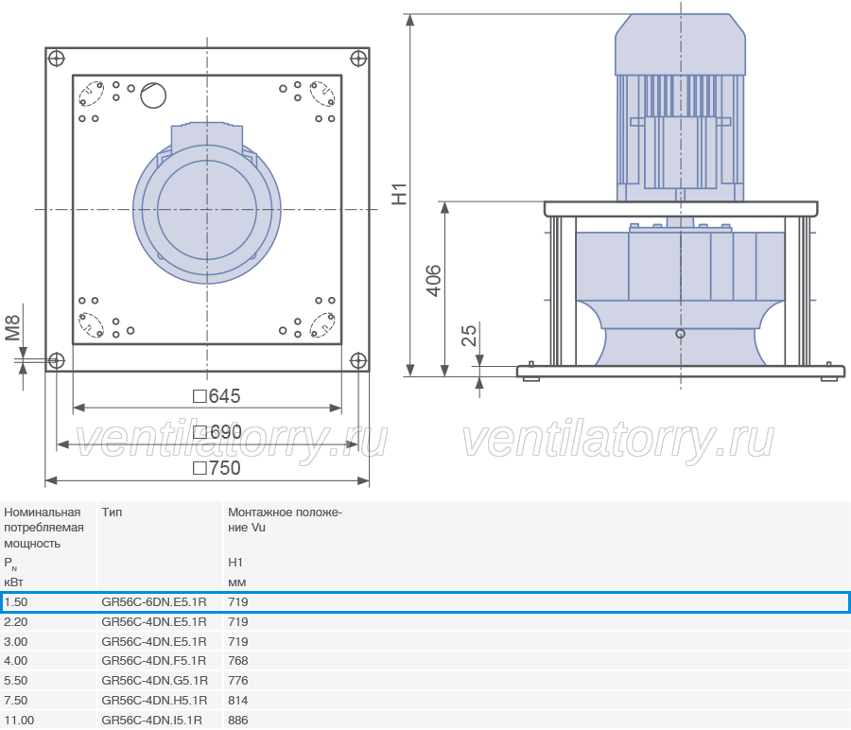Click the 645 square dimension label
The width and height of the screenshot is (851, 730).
tap(217, 396)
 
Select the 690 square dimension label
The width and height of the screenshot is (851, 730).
tap(217, 432)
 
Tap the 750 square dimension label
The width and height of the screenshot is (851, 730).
tap(217, 468)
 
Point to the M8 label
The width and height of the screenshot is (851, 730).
tap(12, 328)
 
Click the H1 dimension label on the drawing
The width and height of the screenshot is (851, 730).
tap(399, 194)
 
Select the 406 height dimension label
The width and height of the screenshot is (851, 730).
tap(433, 281)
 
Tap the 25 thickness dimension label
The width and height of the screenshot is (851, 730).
tap(469, 336)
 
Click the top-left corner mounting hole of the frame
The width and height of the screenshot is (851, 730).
tap(57, 58)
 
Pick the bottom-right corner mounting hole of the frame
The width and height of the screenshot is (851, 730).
tap(358, 360)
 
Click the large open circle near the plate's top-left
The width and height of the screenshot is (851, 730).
tap(153, 96)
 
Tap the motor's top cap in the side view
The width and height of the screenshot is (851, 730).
tap(680, 44)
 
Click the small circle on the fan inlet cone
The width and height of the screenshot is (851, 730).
tap(680, 334)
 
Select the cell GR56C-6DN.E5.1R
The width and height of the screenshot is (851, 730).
tap(154, 602)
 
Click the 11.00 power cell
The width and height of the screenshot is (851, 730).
tap(19, 721)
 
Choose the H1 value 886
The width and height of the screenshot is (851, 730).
tap(238, 721)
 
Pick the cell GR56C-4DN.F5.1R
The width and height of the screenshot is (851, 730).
tap(154, 661)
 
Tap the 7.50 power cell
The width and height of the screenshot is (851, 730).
tap(16, 700)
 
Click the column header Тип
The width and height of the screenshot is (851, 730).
tap(112, 513)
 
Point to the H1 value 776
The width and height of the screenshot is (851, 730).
tap(238, 681)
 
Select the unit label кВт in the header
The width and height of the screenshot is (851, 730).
tap(13, 582)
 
